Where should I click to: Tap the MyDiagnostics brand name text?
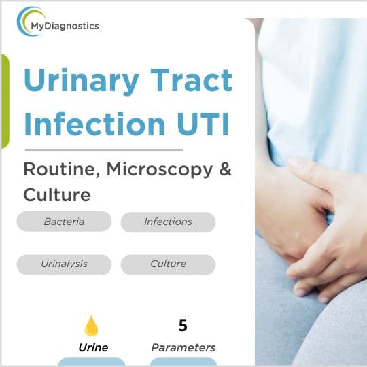tap(65, 26)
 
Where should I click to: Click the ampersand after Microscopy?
tap(225, 169)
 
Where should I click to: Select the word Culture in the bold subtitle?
tap(56, 195)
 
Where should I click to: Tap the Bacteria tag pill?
tap(64, 222)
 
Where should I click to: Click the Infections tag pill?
tap(168, 222)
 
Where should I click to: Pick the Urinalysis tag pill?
tap(64, 264)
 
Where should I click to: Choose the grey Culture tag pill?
tap(168, 264)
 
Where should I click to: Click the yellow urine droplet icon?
tap(91, 327)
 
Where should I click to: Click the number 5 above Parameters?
tap(183, 326)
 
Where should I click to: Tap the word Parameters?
tap(183, 347)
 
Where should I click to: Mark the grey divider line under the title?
tap(103, 149)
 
